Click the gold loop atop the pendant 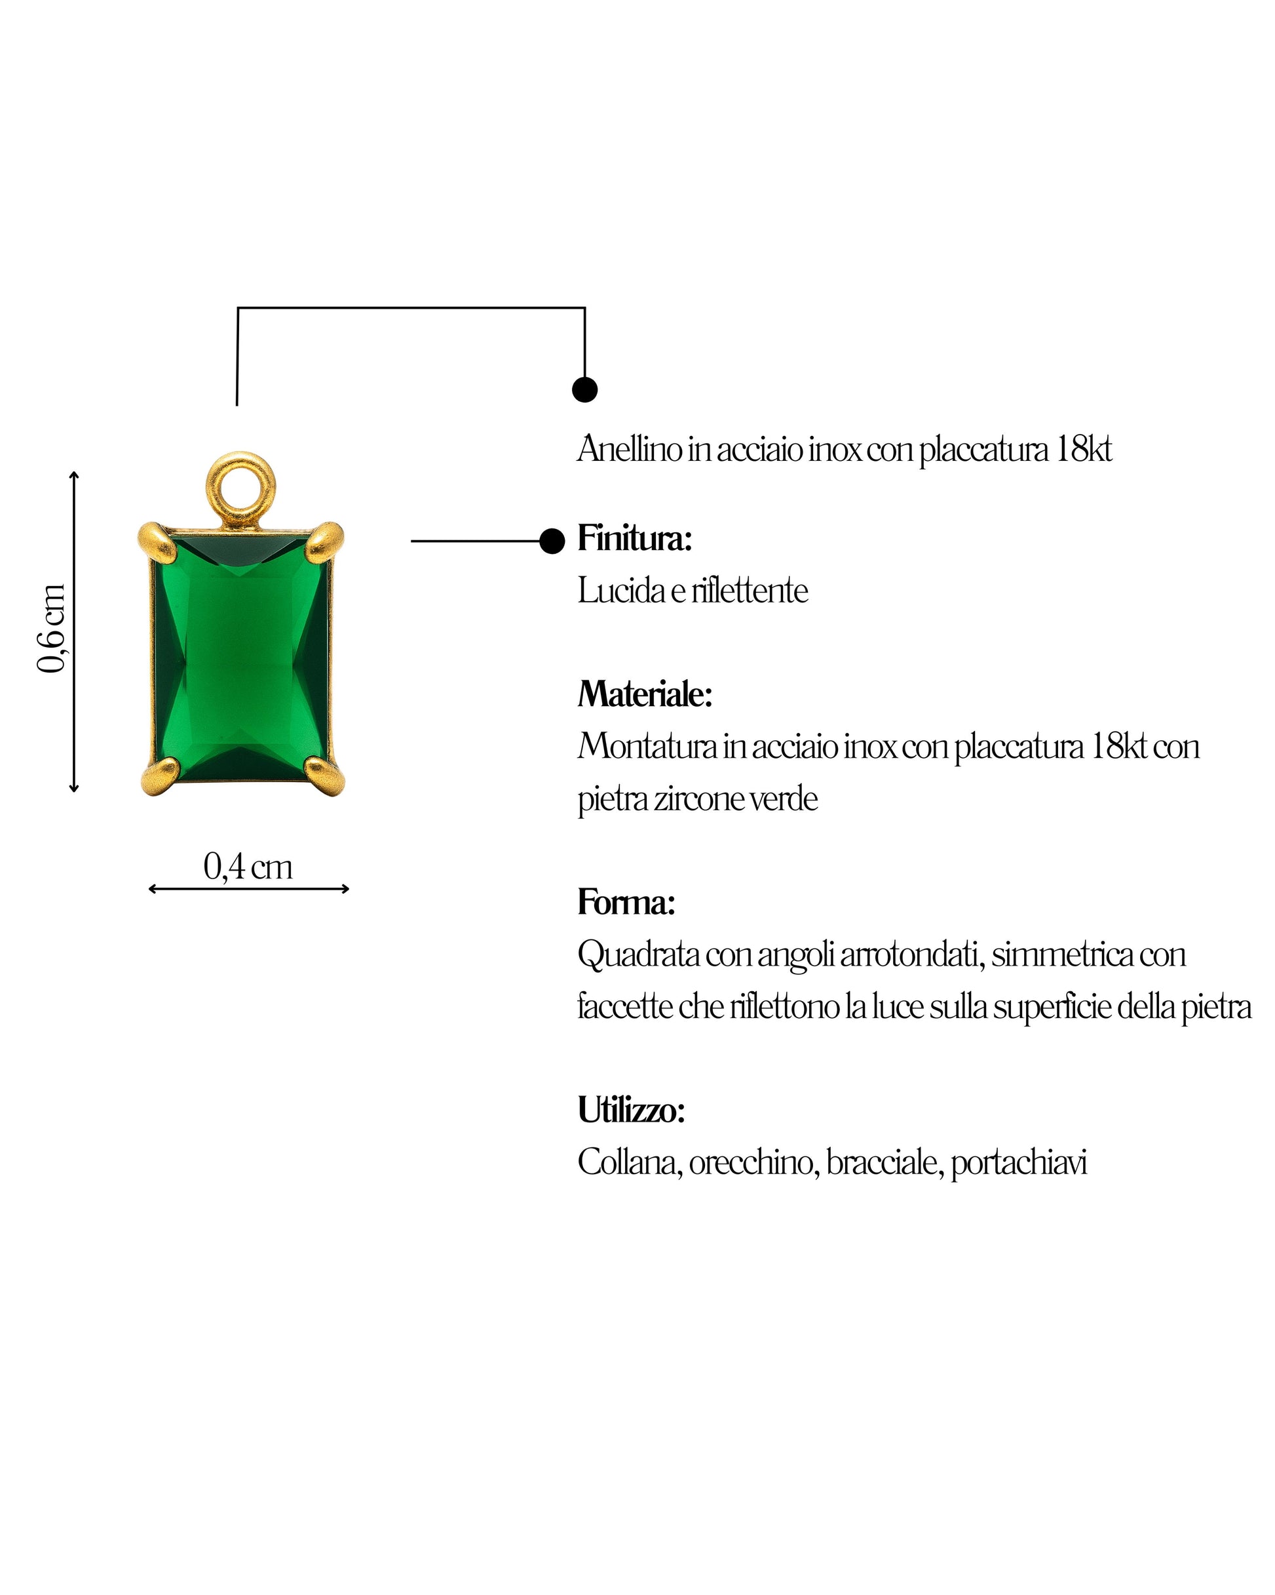point(240,488)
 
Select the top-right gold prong point(325,540)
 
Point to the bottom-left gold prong point(159,776)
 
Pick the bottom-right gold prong point(325,776)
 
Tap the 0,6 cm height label point(52,628)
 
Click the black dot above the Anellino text point(585,389)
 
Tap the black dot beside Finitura point(552,542)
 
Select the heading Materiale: point(645,694)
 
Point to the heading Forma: point(626,902)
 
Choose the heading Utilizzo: point(632,1110)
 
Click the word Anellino point(630,449)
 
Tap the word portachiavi point(1019,1164)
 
